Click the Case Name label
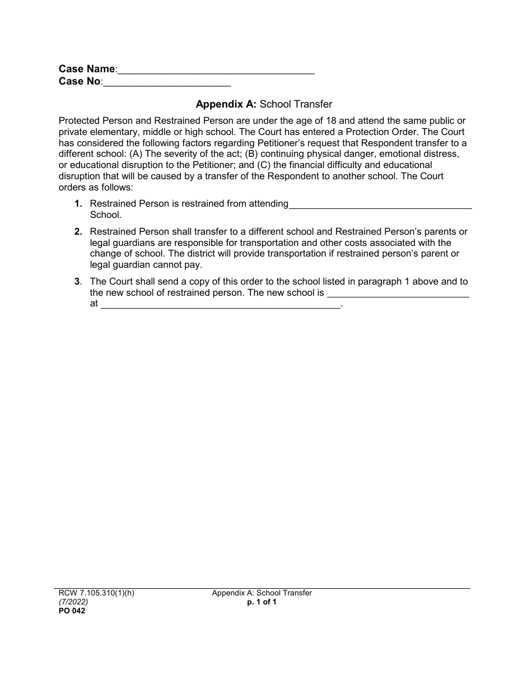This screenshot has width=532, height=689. click(87, 69)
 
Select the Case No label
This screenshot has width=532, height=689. click(80, 82)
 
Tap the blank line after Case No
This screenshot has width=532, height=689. click(167, 83)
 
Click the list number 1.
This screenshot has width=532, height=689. click(78, 204)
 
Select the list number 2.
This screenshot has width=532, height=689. click(78, 232)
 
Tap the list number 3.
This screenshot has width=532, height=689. click(78, 282)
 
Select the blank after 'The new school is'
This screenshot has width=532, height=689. click(398, 294)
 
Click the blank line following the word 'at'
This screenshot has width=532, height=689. click(220, 305)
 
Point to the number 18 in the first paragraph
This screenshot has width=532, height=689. click(331, 121)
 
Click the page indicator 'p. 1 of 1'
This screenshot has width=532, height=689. click(262, 602)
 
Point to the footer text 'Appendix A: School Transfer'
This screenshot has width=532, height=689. click(262, 593)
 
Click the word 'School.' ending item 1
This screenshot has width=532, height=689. click(105, 215)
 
